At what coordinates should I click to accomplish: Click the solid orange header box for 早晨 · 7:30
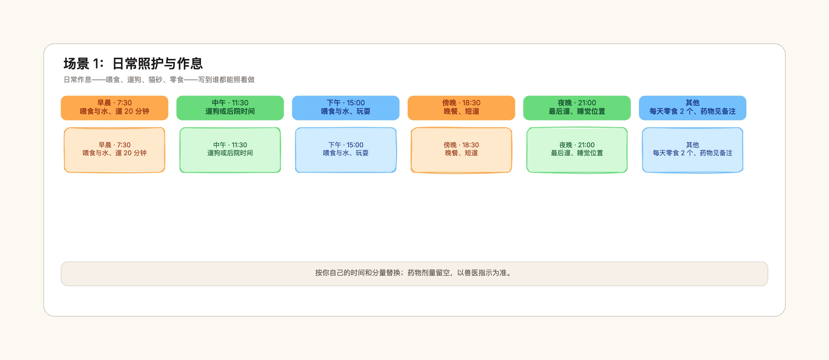pyautogui.click(x=114, y=108)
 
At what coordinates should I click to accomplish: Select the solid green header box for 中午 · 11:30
pyautogui.click(x=230, y=108)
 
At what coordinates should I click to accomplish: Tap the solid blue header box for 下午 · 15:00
pyautogui.click(x=346, y=108)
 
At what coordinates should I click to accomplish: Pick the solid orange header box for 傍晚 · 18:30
pyautogui.click(x=461, y=108)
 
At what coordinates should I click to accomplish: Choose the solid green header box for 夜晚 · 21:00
pyautogui.click(x=577, y=108)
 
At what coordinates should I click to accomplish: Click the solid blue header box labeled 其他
pyautogui.click(x=693, y=108)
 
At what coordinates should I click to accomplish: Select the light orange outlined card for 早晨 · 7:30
pyautogui.click(x=114, y=150)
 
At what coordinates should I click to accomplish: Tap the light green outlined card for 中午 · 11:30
pyautogui.click(x=230, y=150)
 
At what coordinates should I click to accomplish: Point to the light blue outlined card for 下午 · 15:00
pyautogui.click(x=346, y=150)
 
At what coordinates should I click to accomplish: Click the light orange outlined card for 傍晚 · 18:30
pyautogui.click(x=461, y=150)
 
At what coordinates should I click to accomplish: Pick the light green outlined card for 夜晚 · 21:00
pyautogui.click(x=577, y=150)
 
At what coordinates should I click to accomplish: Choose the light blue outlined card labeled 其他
pyautogui.click(x=693, y=150)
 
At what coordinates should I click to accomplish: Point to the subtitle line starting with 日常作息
pyautogui.click(x=159, y=79)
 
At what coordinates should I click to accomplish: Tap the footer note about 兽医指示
pyautogui.click(x=414, y=273)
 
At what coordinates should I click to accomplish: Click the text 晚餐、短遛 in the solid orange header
pyautogui.click(x=461, y=111)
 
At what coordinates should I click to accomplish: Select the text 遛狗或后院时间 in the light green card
pyautogui.click(x=230, y=153)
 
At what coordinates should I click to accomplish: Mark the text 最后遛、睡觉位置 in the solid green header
pyautogui.click(x=577, y=111)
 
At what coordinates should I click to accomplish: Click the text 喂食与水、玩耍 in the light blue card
pyautogui.click(x=346, y=153)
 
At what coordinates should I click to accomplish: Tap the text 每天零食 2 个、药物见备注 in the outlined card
pyautogui.click(x=693, y=153)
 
